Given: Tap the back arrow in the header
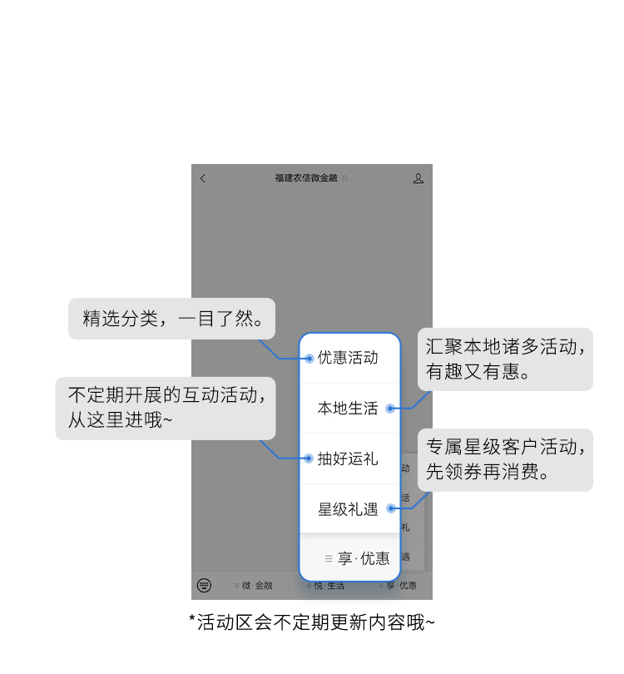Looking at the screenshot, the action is pos(203,178).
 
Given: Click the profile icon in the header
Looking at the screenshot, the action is pos(418,178).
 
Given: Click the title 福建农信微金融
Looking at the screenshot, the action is pos(306,178).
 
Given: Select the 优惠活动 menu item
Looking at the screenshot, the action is pos(348,358).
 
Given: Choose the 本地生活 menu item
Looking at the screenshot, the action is pos(348,409).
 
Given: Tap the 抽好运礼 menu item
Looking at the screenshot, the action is pos(348,458).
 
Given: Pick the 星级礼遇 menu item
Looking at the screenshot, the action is pos(348,509).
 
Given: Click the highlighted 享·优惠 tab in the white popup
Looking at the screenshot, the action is pos(358,558).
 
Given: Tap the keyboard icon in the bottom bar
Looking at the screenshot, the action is pos(204,586).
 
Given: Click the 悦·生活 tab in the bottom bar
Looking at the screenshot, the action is pos(325,587).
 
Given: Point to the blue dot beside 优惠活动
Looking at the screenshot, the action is pos(309,359).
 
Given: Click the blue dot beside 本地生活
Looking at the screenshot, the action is pos(389,409).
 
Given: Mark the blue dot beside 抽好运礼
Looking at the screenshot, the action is pos(309,458).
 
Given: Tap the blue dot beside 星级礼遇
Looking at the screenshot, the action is pos(389,508).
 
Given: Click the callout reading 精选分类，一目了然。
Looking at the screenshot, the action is pos(171,319).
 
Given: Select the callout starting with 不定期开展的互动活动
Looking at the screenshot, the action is pos(171,408).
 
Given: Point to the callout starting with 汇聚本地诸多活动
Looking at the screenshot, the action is pos(505,359).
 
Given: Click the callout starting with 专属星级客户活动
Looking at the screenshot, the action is pos(505,459).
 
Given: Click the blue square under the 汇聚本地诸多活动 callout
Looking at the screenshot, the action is pos(442,401).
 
